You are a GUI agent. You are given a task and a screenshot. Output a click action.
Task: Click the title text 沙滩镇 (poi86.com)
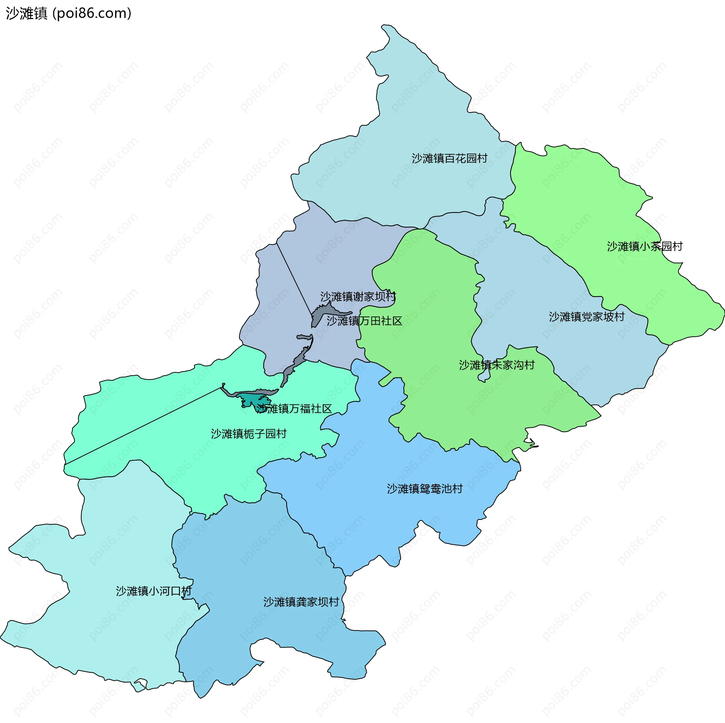[68, 14]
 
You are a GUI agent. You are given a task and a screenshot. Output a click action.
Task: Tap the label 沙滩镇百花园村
[449, 159]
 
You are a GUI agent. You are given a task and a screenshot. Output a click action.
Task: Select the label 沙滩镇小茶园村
[645, 247]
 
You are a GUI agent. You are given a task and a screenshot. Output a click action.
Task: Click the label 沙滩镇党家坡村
[586, 317]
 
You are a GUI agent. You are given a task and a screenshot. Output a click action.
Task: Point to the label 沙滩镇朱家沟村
[497, 365]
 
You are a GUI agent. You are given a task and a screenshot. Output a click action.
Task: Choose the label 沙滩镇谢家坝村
[358, 297]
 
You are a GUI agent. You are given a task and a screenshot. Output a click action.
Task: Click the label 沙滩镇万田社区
[364, 321]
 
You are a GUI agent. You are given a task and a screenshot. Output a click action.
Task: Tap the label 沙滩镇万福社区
[294, 409]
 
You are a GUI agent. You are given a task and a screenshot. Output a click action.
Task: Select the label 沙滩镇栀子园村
[248, 434]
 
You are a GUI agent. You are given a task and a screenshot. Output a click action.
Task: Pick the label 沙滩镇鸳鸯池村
[424, 489]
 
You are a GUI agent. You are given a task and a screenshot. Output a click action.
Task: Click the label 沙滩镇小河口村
[154, 591]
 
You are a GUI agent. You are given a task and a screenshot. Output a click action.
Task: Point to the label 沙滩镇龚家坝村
[301, 602]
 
